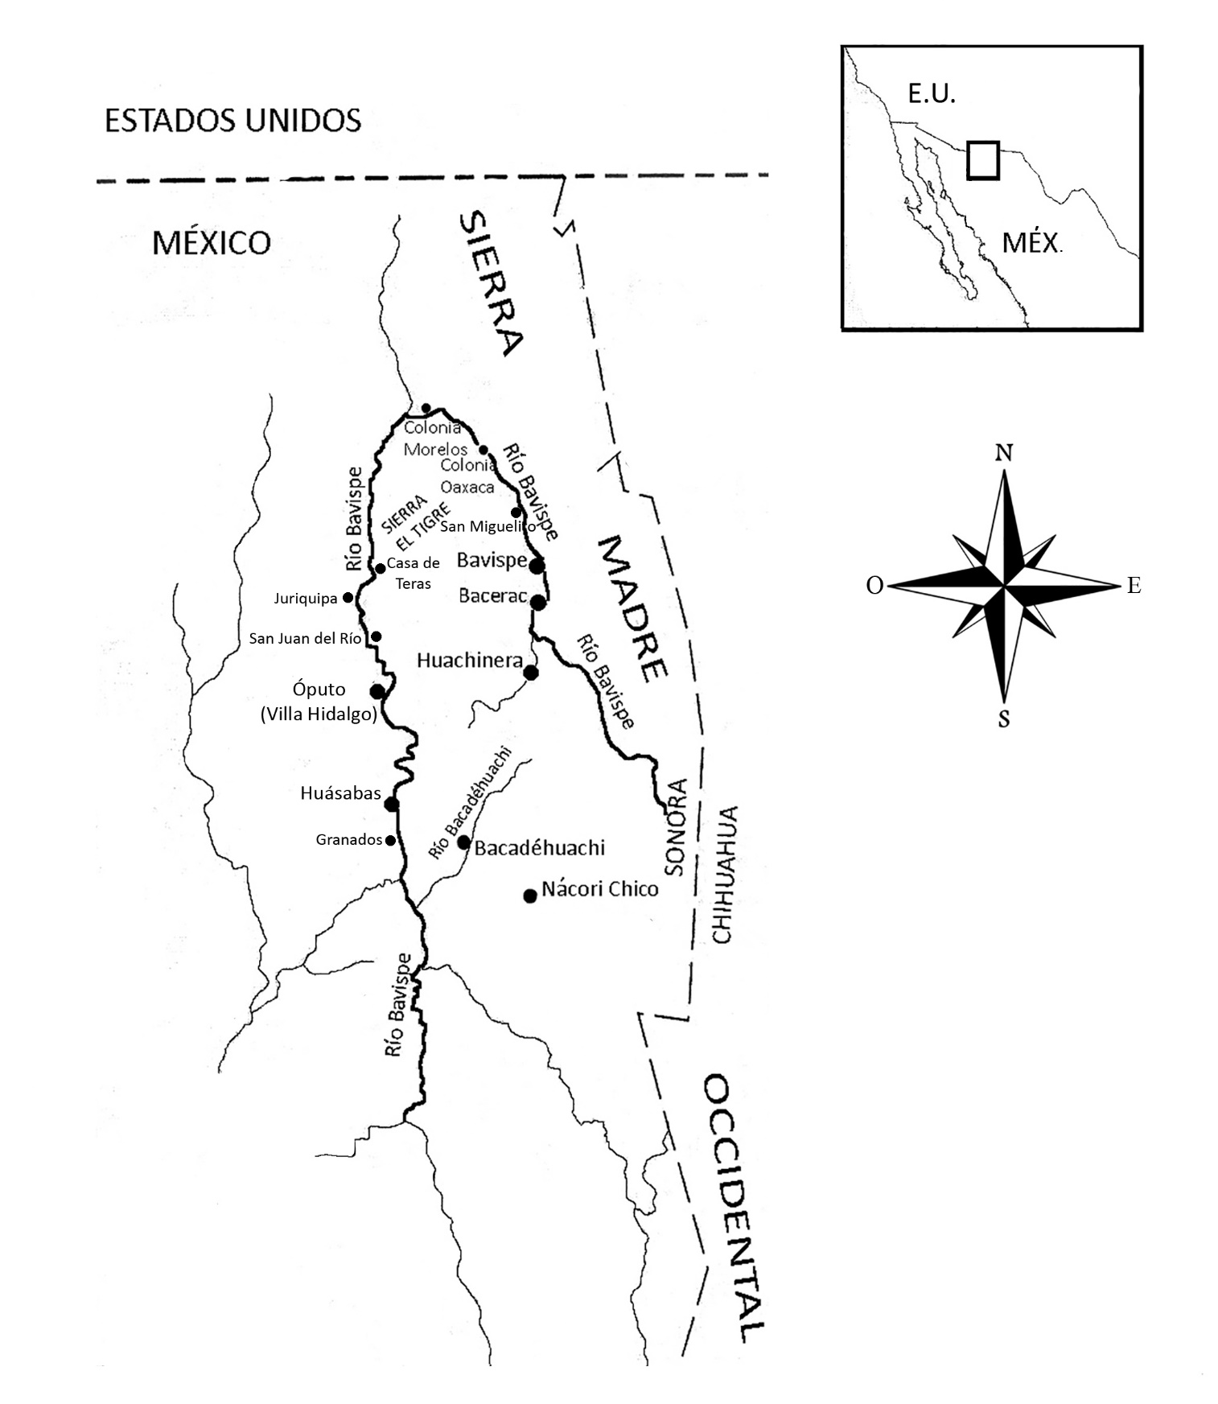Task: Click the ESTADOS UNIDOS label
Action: point(232,121)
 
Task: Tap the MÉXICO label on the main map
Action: point(211,242)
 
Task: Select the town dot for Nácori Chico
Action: point(529,896)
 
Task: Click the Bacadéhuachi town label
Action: point(539,847)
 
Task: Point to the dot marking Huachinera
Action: point(530,673)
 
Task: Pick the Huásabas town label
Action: point(340,793)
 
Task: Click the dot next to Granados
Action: point(390,840)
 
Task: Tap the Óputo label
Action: point(319,690)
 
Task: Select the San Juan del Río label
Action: point(305,638)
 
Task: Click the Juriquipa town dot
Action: point(348,598)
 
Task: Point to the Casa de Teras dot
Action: point(380,568)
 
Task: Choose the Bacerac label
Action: point(492,596)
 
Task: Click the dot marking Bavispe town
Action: point(537,566)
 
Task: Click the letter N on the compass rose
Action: point(1003,453)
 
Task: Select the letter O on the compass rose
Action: point(874,586)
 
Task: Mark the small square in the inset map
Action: point(982,160)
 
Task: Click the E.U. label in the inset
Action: point(931,94)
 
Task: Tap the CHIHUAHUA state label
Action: point(723,874)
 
